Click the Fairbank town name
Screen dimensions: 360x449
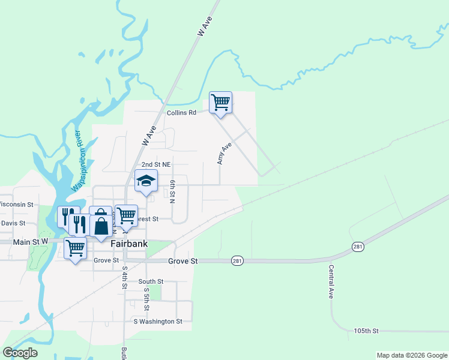click(129, 244)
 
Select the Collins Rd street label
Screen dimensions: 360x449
click(181, 112)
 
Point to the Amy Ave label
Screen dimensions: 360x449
click(224, 154)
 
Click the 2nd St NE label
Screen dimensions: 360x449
click(156, 164)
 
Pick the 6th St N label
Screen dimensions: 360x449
click(172, 191)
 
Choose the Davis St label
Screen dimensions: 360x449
click(13, 223)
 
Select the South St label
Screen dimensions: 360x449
click(151, 281)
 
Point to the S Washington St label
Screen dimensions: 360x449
click(158, 322)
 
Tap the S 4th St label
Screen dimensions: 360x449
click(125, 277)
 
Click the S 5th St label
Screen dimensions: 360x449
click(146, 299)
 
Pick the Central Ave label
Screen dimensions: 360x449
click(331, 281)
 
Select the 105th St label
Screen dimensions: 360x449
click(366, 331)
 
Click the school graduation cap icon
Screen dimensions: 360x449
click(146, 181)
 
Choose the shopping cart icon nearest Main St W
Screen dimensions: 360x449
click(75, 247)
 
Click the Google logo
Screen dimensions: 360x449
click(20, 353)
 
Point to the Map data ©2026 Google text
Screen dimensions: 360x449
click(411, 355)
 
